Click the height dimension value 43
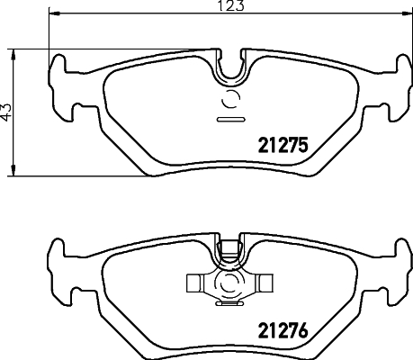tap(6, 112)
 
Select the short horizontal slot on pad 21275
tap(230, 118)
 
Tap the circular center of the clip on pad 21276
tap(229, 284)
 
